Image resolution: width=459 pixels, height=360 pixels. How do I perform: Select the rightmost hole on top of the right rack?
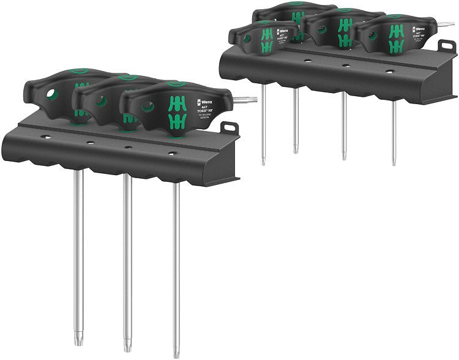389,71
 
